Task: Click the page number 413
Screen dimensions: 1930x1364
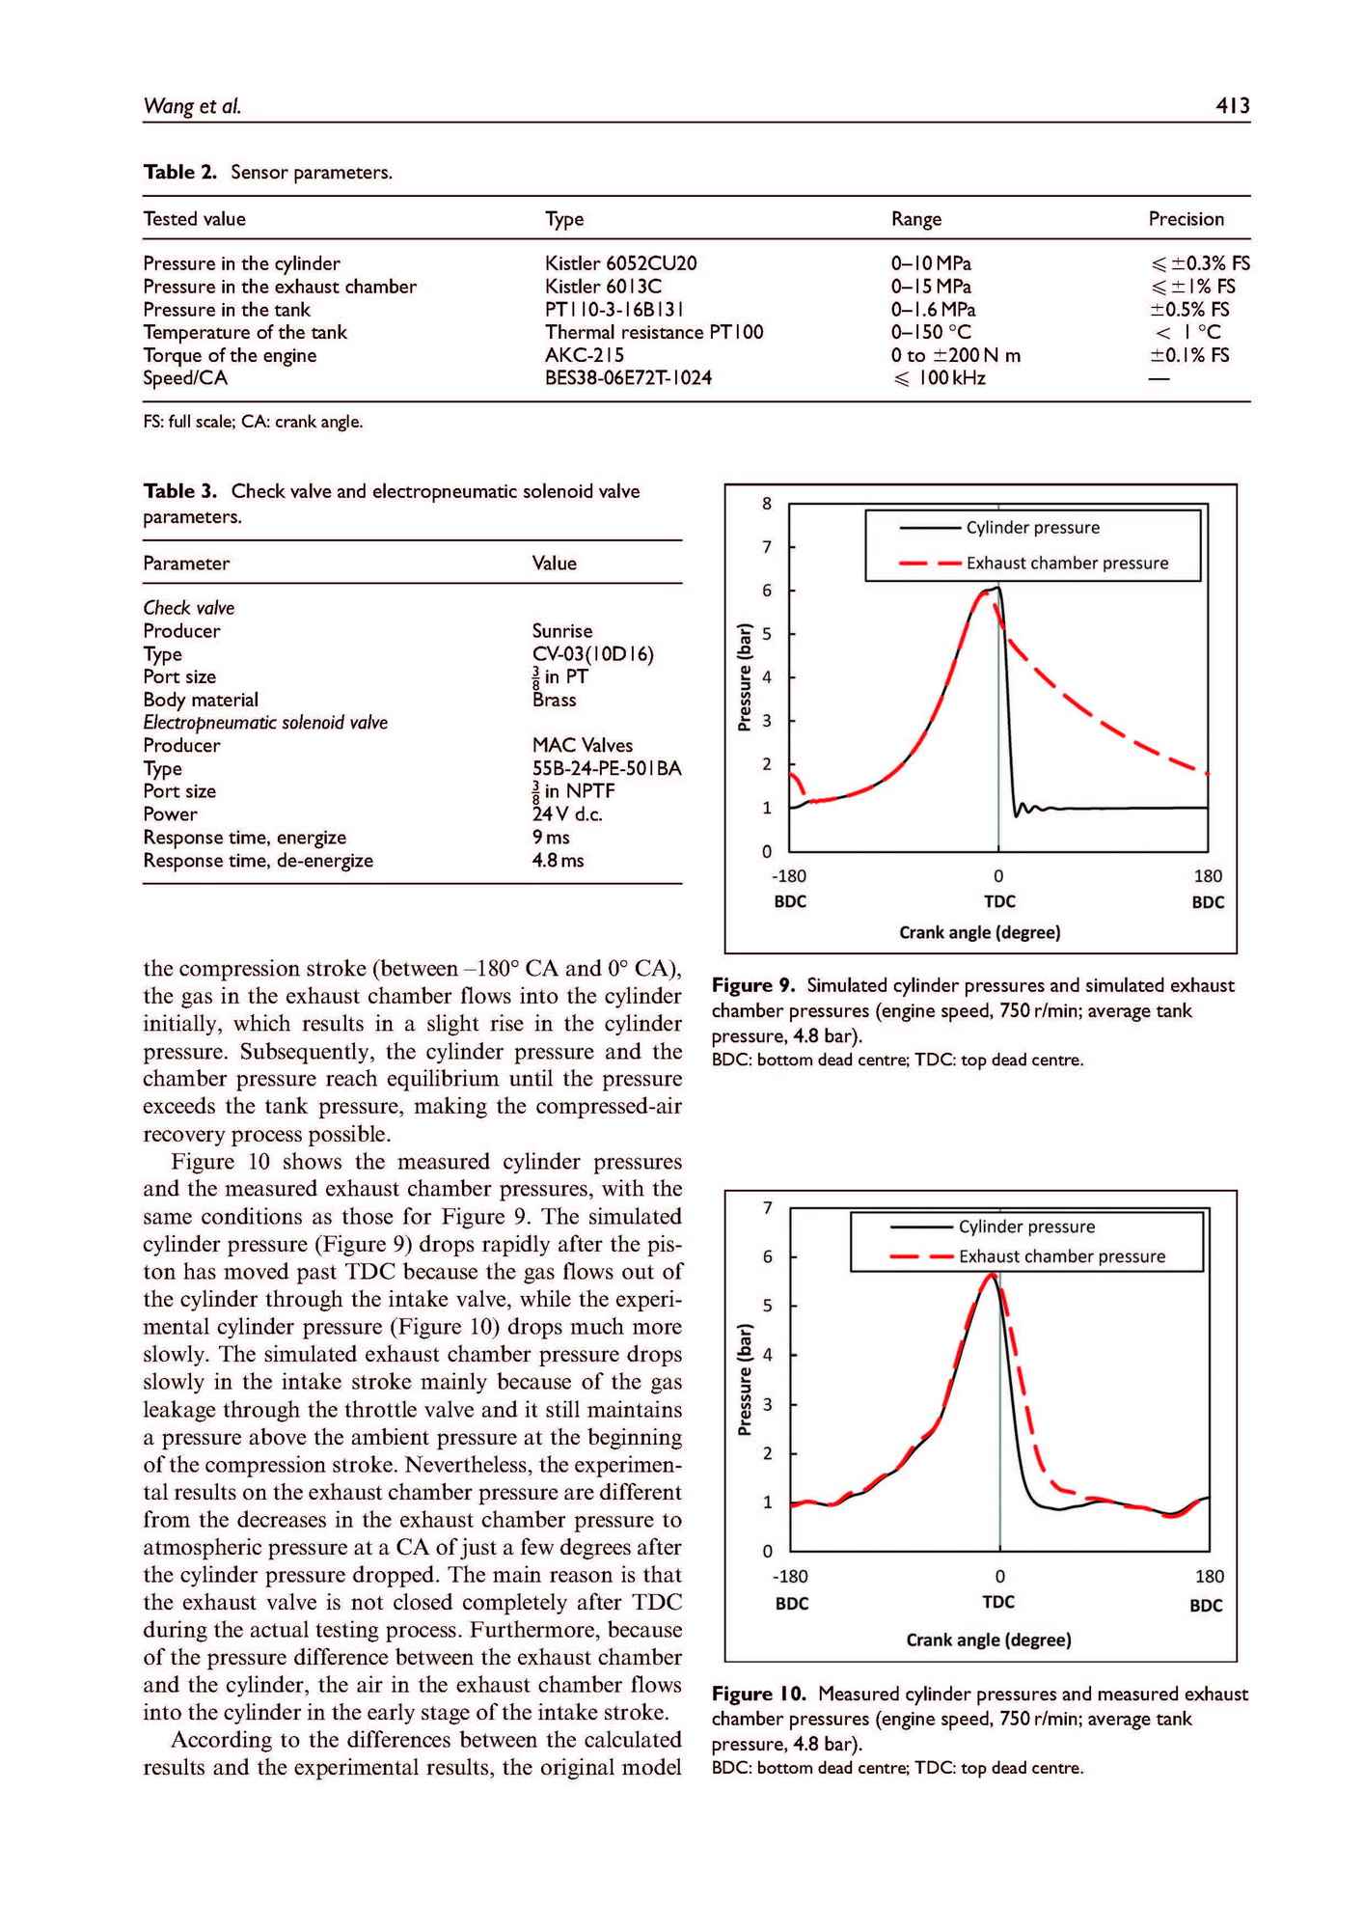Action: click(1232, 105)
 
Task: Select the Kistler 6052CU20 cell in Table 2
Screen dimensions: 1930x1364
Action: click(620, 263)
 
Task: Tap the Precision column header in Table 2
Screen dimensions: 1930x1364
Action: click(1186, 219)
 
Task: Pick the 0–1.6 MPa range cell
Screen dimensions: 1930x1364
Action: click(933, 310)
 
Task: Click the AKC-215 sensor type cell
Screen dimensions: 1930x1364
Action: click(585, 355)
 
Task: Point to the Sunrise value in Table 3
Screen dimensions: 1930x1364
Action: click(562, 631)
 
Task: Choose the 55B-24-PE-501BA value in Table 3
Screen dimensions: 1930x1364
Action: click(607, 768)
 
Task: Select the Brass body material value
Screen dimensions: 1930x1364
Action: click(554, 700)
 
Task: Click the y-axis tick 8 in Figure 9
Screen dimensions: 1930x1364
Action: click(767, 503)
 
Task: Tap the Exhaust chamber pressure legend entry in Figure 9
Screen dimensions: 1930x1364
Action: click(1066, 563)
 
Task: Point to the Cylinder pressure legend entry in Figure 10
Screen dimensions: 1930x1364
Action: click(1026, 1227)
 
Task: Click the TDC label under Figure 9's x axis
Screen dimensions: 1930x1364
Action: click(999, 901)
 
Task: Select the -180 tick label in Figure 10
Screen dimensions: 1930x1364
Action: click(790, 1576)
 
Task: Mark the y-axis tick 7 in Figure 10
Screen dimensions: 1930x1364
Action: click(768, 1208)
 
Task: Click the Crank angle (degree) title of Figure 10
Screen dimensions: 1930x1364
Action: click(989, 1640)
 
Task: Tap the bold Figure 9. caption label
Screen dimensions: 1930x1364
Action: click(754, 985)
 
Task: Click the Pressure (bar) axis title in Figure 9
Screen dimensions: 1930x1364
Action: click(744, 676)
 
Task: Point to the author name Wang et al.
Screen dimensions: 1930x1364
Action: click(192, 106)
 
